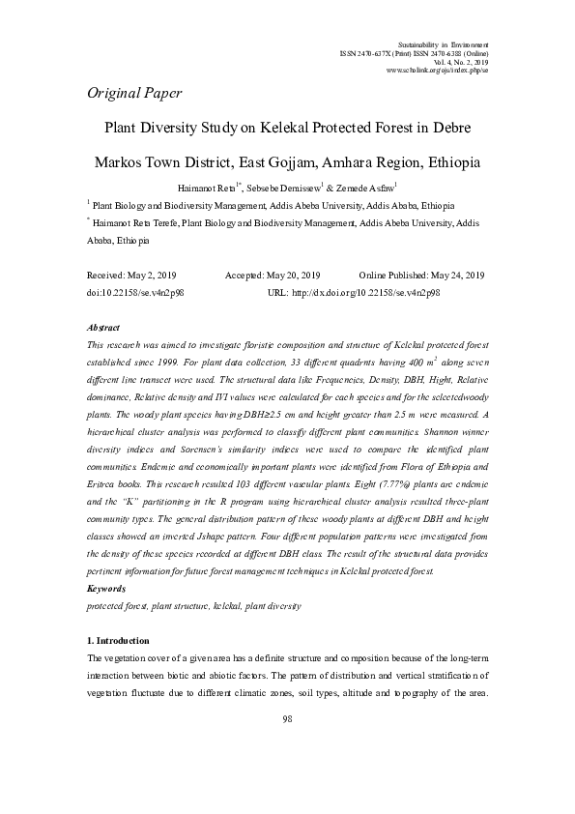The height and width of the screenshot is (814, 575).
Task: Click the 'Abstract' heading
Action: [x=103, y=329]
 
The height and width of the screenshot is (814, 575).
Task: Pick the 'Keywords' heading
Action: [x=106, y=589]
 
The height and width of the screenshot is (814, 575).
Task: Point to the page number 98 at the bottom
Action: [x=287, y=719]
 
